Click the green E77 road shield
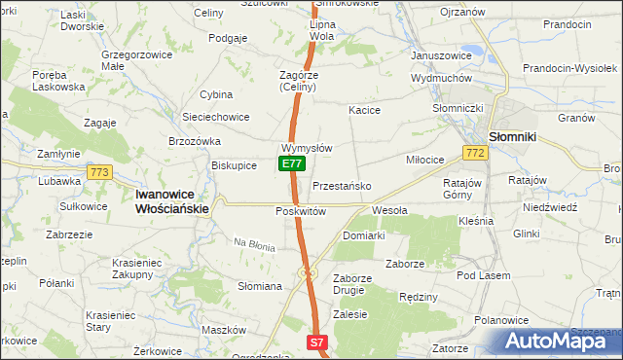click(290, 164)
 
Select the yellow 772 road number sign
click(475, 154)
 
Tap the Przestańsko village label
click(341, 186)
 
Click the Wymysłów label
click(307, 148)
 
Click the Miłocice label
click(425, 159)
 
